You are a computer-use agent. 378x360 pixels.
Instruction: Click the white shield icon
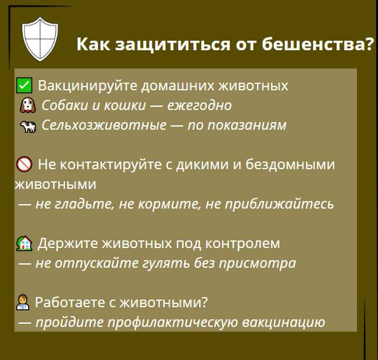point(40,39)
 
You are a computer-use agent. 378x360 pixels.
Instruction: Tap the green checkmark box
point(24,85)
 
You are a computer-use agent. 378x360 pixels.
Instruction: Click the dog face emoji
point(28,105)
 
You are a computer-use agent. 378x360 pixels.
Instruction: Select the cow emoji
point(28,127)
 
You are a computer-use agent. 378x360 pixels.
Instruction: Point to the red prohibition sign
point(24,164)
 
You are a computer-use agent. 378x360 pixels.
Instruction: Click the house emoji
point(24,243)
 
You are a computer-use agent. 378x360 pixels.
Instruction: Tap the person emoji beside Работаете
point(23,302)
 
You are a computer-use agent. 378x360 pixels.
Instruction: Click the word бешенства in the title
point(314,45)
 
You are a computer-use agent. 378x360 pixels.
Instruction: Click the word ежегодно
point(199,106)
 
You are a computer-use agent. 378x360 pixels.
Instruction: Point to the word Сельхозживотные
point(104,125)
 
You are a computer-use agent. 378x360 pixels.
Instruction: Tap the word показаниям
point(247,125)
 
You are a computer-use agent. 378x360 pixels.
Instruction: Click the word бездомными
point(290,165)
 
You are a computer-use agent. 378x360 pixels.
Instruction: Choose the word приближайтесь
point(279,205)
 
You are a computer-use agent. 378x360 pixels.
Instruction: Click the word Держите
point(67,244)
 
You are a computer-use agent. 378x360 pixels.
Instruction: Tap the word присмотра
point(257,263)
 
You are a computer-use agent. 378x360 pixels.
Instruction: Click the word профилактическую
point(172,322)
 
